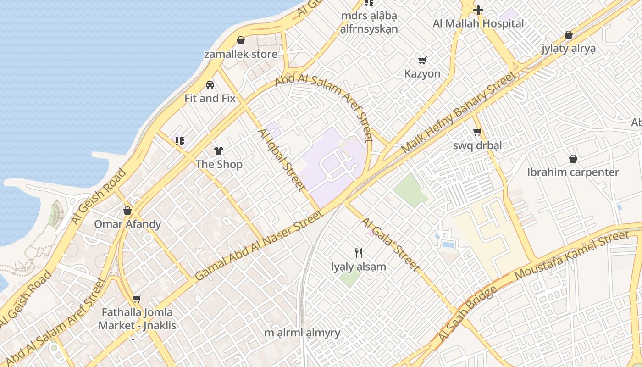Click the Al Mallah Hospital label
tap(478, 23)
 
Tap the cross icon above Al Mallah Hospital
tap(478, 10)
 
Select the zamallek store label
tap(240, 54)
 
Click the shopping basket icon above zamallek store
tap(240, 40)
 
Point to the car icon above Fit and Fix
tap(210, 84)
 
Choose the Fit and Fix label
tap(210, 98)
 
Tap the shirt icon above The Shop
tap(219, 150)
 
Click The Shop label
tap(219, 164)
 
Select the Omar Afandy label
tap(127, 224)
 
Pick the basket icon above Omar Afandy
tap(127, 211)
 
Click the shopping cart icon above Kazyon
tap(422, 60)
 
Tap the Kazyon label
tap(422, 74)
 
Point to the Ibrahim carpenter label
tap(573, 172)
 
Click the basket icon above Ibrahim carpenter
tap(573, 159)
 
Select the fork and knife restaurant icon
tap(359, 253)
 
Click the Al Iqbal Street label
tap(281, 160)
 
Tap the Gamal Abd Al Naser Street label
tap(259, 245)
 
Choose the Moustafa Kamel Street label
tap(571, 255)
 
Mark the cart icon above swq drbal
tap(477, 132)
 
